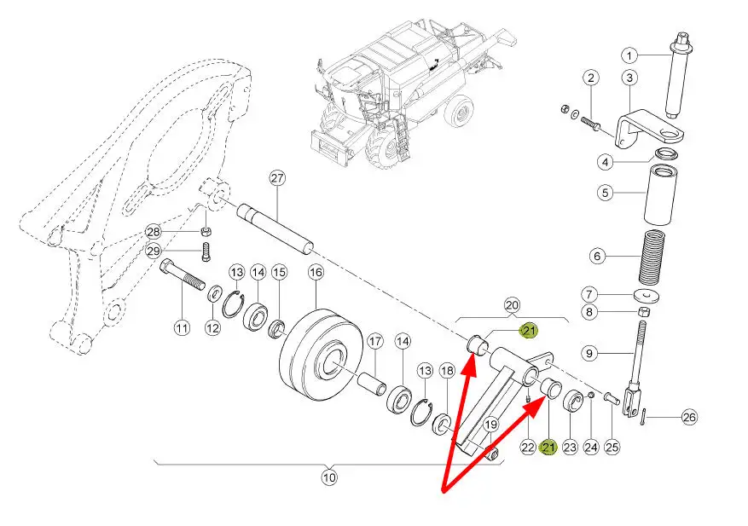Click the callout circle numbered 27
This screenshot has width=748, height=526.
point(276,178)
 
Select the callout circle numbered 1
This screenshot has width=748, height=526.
point(629,55)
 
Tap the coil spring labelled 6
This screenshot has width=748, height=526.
point(658,257)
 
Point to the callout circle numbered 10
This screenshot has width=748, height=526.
point(329,477)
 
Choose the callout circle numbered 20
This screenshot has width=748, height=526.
point(512,304)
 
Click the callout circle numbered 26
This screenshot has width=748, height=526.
point(689,417)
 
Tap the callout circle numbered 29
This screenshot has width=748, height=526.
point(154,251)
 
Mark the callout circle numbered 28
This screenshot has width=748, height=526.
point(154,232)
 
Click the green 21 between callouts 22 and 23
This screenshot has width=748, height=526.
point(548,446)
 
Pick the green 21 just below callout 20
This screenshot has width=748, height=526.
point(530,331)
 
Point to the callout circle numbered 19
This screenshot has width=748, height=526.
point(491,424)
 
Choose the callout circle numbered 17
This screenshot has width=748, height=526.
point(374,342)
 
